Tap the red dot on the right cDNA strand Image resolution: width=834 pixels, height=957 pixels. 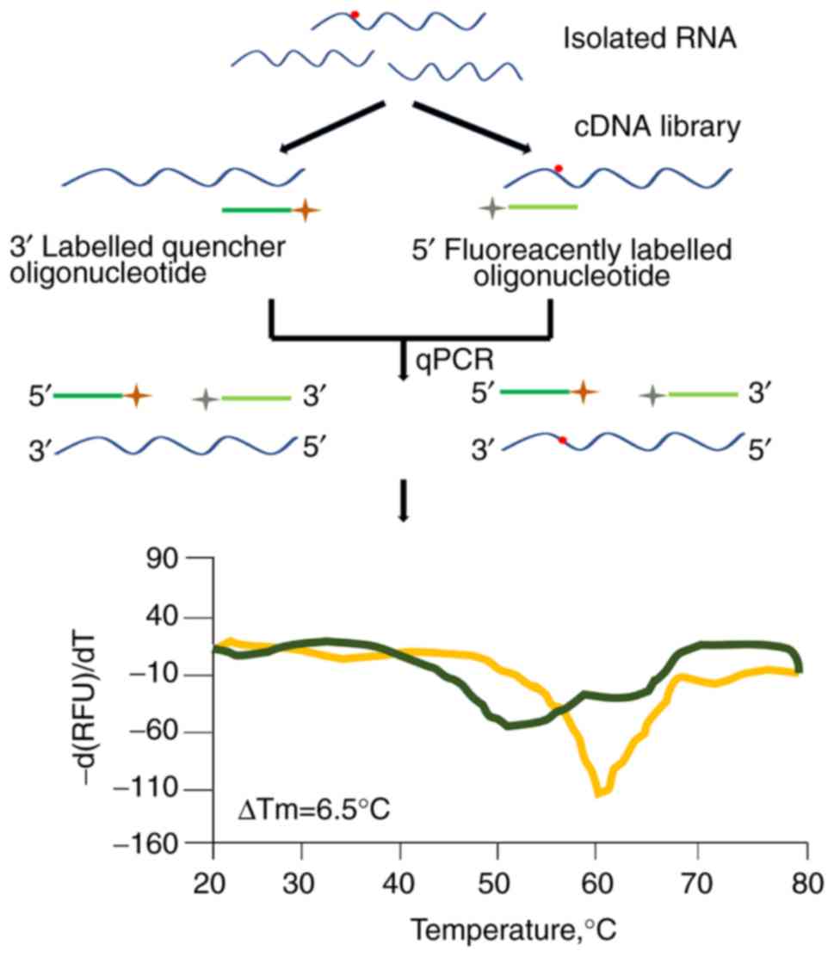click(559, 168)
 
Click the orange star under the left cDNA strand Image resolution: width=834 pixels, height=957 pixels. click(306, 209)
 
